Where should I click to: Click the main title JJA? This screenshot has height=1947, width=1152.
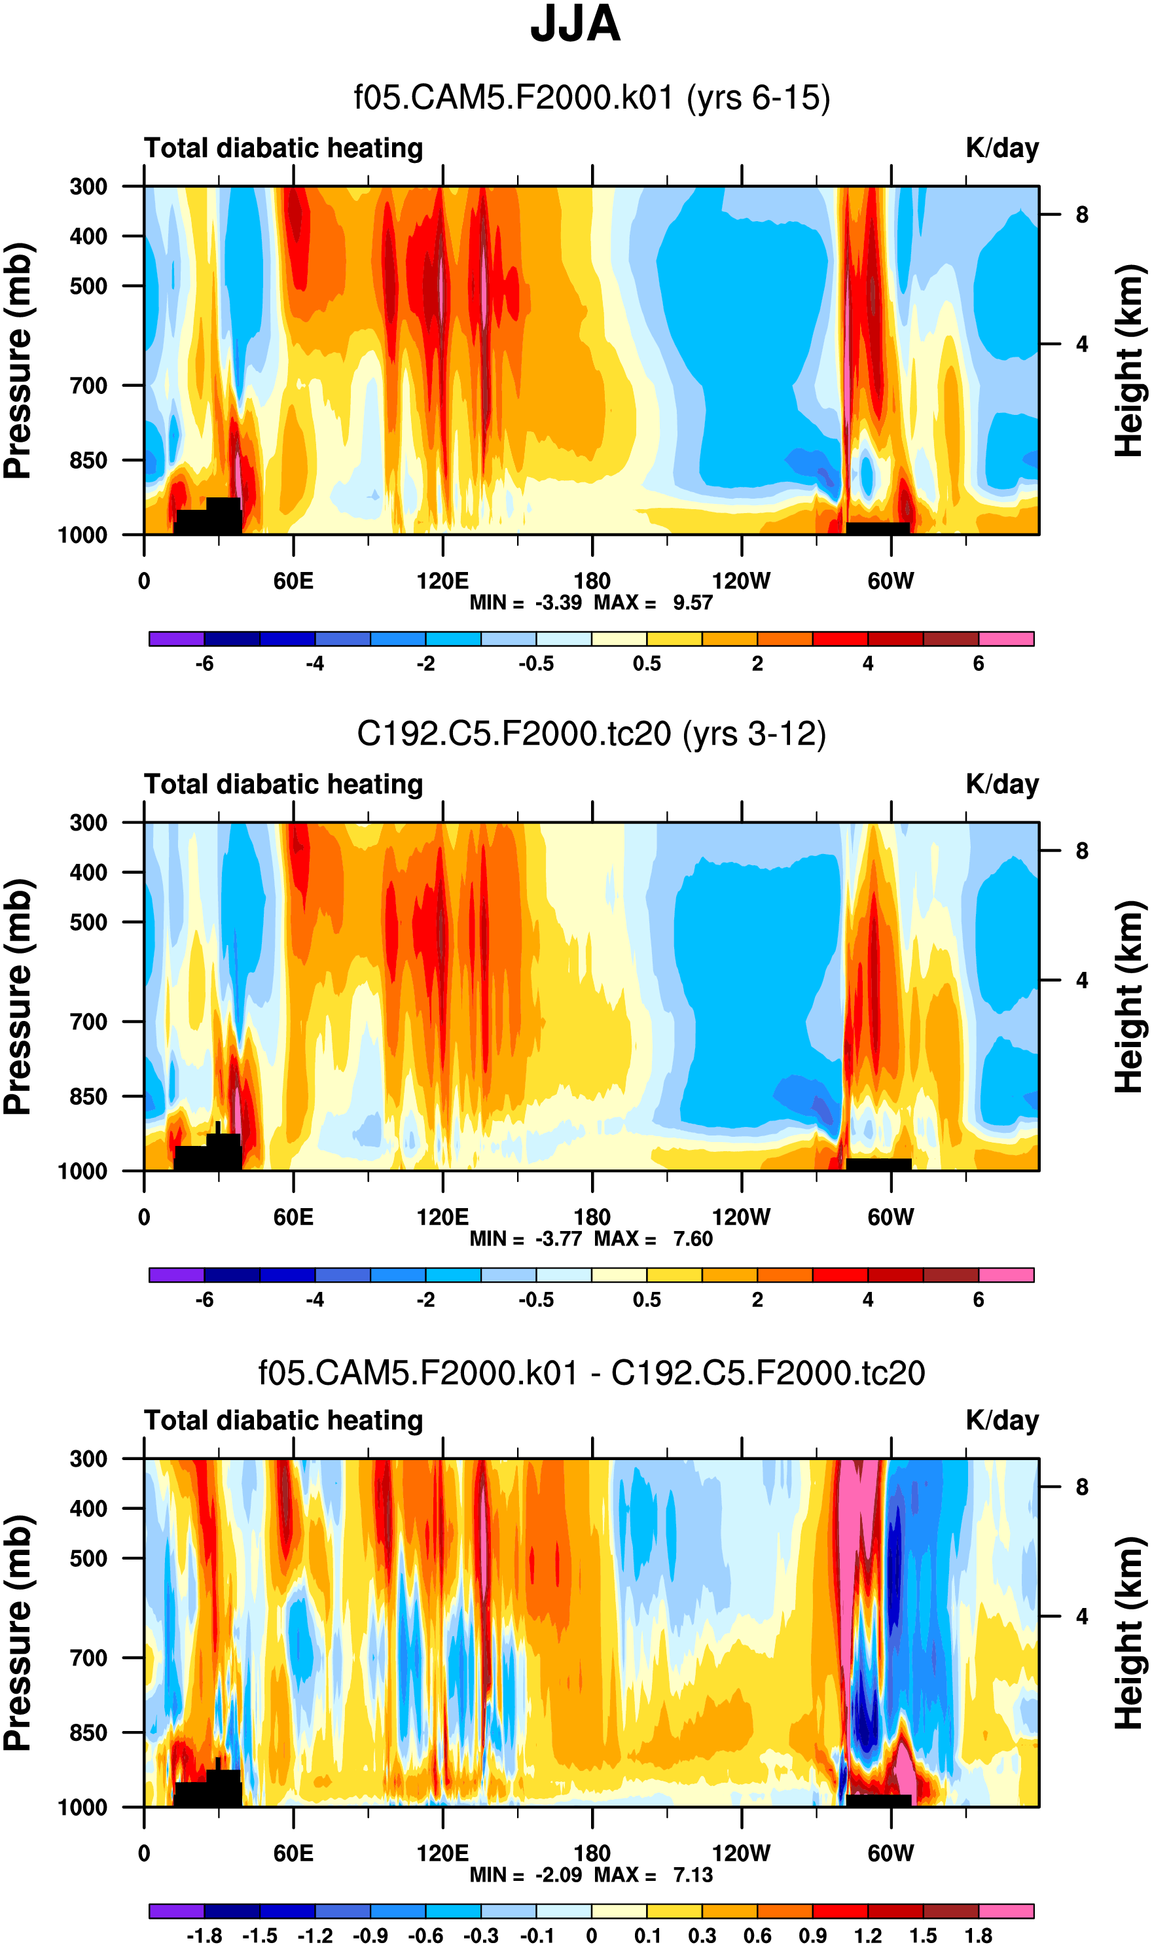click(x=575, y=25)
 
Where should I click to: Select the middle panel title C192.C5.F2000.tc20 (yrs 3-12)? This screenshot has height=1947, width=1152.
click(x=591, y=734)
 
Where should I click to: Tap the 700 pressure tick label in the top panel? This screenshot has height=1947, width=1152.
click(x=88, y=385)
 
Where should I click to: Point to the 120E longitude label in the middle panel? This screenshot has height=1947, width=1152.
click(x=442, y=1217)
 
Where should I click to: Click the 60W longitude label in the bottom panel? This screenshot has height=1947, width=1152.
click(x=890, y=1853)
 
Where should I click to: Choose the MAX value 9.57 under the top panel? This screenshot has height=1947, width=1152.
click(x=693, y=603)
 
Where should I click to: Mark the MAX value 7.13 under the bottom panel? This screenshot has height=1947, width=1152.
click(x=693, y=1875)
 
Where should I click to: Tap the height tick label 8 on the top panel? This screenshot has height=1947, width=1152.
click(x=1081, y=215)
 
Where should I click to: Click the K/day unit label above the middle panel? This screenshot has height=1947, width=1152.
click(x=1001, y=785)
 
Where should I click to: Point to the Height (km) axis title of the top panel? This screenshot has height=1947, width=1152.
click(x=1130, y=361)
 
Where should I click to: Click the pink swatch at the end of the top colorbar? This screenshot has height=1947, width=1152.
click(x=1006, y=639)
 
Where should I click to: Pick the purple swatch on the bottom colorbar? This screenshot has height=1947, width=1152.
click(x=176, y=1911)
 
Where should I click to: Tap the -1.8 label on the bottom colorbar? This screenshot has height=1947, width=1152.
click(x=204, y=1935)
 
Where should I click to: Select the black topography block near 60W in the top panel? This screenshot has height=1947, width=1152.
click(x=877, y=528)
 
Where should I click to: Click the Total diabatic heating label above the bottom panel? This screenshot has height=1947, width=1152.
click(x=283, y=1421)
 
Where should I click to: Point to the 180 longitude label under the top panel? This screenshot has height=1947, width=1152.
click(x=592, y=581)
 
